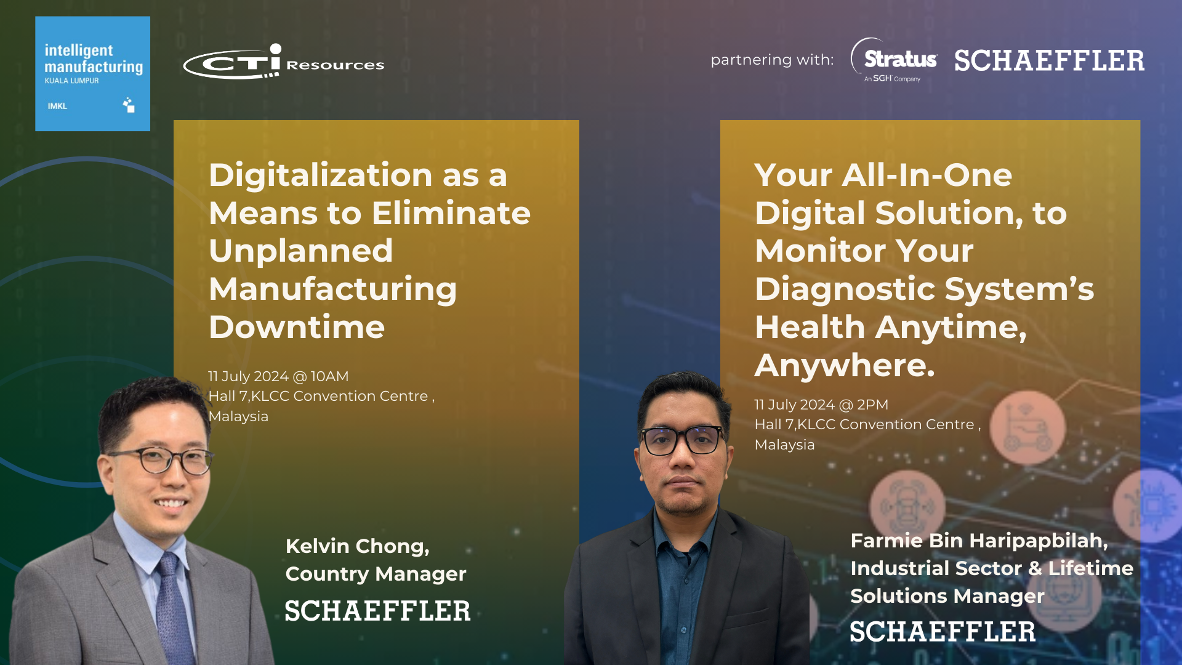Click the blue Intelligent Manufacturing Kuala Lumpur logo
coord(92,73)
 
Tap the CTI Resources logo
coord(284,62)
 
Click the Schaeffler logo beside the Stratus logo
coord(1050,60)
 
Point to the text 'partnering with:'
coord(772,60)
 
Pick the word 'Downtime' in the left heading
coord(297,327)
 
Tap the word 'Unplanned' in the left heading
coord(300,251)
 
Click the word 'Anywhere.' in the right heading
coord(845,366)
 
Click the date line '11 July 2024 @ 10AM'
coord(278,376)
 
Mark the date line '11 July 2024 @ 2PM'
coord(821,405)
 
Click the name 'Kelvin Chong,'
coord(358,546)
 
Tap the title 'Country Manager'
coord(376,574)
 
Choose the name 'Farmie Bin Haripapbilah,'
coord(979,541)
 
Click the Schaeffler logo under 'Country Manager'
coord(378,611)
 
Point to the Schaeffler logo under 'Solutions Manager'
coord(943,632)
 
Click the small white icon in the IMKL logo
coord(129,105)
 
